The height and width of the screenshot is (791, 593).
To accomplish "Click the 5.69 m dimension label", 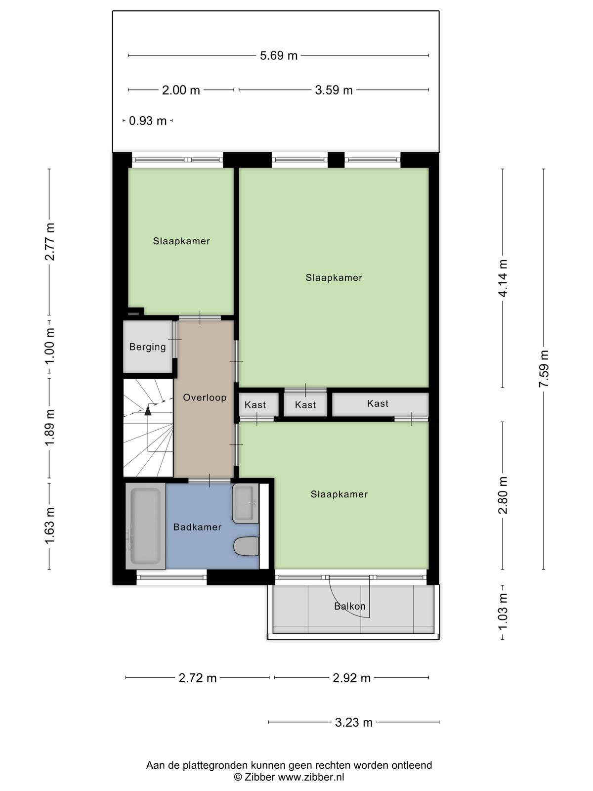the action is pos(279,55).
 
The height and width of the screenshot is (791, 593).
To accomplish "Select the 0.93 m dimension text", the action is pos(148,121).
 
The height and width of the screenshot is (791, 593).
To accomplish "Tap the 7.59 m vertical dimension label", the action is pos(544,369).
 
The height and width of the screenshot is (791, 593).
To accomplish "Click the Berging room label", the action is pos(148,347).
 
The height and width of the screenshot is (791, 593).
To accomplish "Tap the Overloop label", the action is pos(205,397).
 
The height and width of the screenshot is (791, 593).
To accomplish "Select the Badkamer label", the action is pos(197,527).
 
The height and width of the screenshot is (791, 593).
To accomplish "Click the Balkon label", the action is pos(349,606).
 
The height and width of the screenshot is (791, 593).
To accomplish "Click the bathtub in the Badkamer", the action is pos(145,526).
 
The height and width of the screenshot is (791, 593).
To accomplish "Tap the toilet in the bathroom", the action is pos(246,546).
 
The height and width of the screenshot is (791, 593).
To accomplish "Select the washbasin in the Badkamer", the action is pos(246,503).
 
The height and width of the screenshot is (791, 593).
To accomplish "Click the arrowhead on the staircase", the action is pos(148,411).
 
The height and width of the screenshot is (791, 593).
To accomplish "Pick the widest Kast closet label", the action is pos(378,403).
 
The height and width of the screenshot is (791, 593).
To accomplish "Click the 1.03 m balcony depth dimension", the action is pos(503,612).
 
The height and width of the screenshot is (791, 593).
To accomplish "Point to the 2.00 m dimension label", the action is pos(181,90).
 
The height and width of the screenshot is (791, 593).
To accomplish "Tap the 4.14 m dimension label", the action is pos(503,278).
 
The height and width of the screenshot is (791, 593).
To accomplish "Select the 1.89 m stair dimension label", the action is pos(49,428).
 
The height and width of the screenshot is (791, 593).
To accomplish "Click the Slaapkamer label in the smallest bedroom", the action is pos(181,241).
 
